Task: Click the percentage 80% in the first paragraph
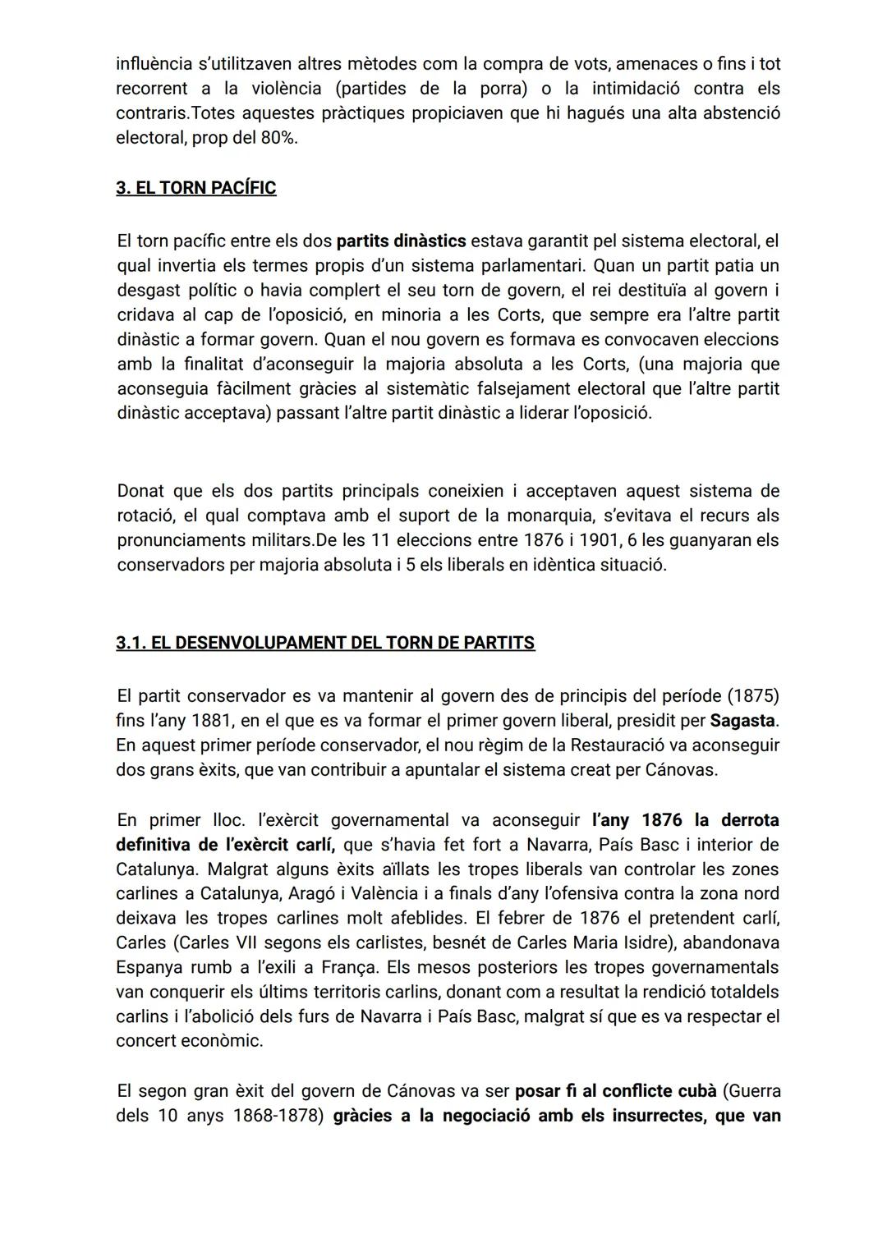(x=278, y=138)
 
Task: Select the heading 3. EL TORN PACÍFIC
(x=195, y=188)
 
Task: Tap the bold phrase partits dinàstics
(x=401, y=241)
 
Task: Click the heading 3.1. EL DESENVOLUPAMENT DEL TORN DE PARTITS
(x=325, y=643)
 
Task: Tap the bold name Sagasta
(x=742, y=721)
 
